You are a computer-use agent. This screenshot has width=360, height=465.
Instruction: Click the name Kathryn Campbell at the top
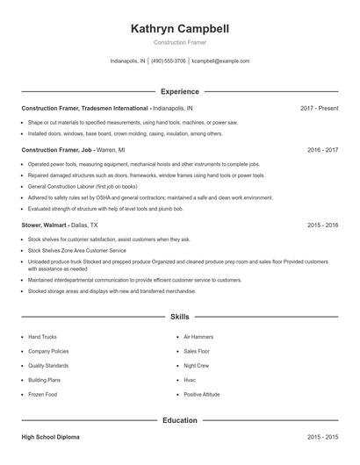(179, 29)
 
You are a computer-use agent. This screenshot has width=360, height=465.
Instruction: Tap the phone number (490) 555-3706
(169, 61)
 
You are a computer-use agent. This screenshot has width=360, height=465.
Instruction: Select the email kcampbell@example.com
(220, 61)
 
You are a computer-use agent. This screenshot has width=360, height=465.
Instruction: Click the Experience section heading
(179, 91)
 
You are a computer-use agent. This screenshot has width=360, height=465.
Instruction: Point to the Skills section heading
(179, 317)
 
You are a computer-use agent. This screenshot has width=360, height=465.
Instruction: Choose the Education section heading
(179, 420)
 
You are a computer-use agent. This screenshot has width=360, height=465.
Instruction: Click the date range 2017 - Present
(319, 108)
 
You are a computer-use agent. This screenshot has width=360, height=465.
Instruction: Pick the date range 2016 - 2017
(322, 150)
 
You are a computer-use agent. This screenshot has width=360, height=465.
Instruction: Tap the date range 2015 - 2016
(322, 225)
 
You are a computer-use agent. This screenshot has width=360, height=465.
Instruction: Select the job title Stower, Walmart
(47, 225)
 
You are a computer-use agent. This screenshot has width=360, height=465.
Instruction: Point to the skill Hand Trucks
(43, 336)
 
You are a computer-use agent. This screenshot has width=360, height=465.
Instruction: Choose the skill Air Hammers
(199, 336)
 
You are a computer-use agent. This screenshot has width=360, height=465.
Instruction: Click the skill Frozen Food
(42, 394)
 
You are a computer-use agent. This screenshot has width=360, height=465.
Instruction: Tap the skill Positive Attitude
(203, 394)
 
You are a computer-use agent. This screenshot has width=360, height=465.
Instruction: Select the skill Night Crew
(197, 365)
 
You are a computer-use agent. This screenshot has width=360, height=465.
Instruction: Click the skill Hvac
(190, 380)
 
